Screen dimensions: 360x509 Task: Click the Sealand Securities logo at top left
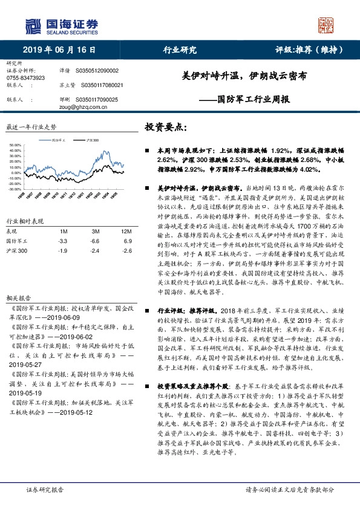click(x=61, y=25)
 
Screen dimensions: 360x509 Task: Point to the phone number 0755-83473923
click(x=25, y=79)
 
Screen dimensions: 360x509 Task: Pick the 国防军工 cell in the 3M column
click(x=95, y=241)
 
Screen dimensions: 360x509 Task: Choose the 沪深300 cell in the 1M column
click(x=62, y=250)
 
